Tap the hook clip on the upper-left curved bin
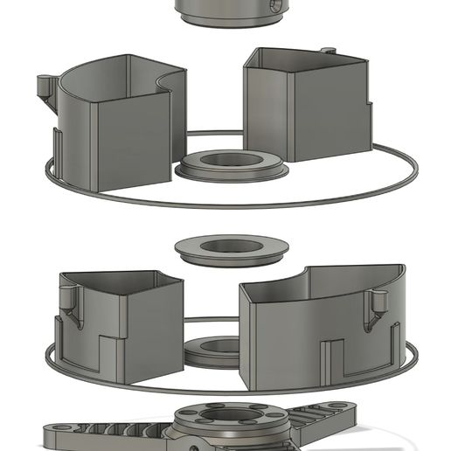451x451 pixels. click(45, 87)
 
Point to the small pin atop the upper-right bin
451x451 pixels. click(328, 52)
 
